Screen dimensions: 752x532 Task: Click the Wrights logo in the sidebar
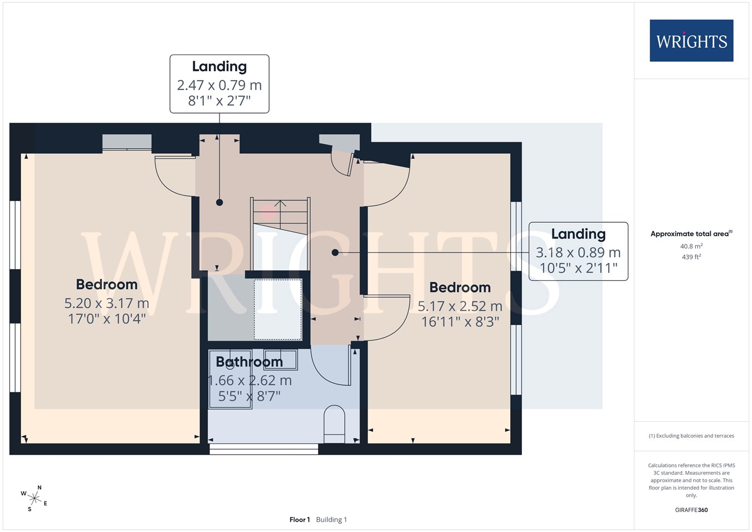point(691,41)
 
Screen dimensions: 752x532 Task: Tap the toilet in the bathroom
point(334,424)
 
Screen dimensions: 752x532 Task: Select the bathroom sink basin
point(281,359)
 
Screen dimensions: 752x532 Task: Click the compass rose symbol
point(34,499)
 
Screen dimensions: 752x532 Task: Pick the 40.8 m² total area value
point(691,246)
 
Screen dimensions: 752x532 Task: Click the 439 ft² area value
point(691,257)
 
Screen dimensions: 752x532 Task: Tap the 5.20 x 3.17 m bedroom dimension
point(107,304)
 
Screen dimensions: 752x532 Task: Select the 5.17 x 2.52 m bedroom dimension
point(460,306)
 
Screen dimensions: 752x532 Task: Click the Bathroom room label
point(249,362)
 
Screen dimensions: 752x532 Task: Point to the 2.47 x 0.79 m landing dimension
point(219,85)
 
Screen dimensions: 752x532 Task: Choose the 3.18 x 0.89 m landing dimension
point(578,252)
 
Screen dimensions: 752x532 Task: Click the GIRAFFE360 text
point(691,510)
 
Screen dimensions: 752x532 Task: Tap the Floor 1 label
point(300,520)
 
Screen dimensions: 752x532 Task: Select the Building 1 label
point(331,520)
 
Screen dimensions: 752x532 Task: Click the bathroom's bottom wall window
point(263,449)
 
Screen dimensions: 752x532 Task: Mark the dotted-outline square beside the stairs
point(277,310)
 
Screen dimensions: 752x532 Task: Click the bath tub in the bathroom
point(230,379)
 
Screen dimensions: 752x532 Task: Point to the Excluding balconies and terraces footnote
point(691,436)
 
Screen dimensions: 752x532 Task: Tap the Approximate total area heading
point(691,233)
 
